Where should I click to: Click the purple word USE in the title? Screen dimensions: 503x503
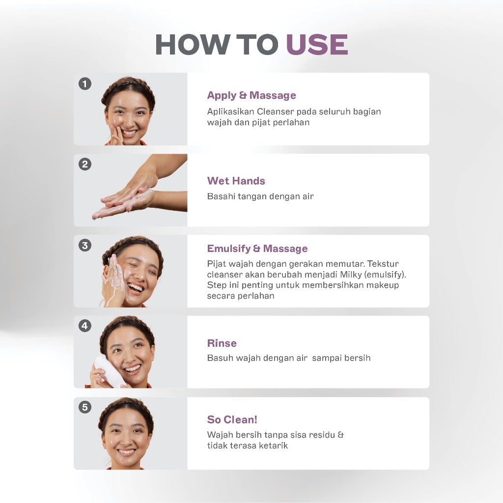click(x=317, y=44)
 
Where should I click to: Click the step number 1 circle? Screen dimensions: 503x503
click(x=85, y=84)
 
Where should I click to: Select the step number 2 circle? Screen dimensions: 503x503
click(x=85, y=164)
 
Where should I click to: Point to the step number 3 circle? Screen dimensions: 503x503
click(x=85, y=246)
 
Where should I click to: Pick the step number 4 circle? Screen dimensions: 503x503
click(x=85, y=326)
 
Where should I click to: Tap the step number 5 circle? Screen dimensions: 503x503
click(x=85, y=407)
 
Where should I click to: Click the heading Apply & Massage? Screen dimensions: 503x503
click(x=251, y=95)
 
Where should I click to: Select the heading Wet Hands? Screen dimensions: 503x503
click(x=236, y=181)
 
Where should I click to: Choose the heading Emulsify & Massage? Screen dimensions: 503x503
click(x=257, y=249)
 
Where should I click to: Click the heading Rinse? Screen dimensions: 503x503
click(x=222, y=343)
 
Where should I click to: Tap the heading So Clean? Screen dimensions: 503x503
click(x=232, y=419)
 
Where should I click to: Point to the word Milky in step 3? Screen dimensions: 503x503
click(x=351, y=275)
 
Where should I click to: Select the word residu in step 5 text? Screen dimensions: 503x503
click(x=318, y=435)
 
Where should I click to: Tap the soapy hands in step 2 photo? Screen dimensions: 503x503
click(x=128, y=194)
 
